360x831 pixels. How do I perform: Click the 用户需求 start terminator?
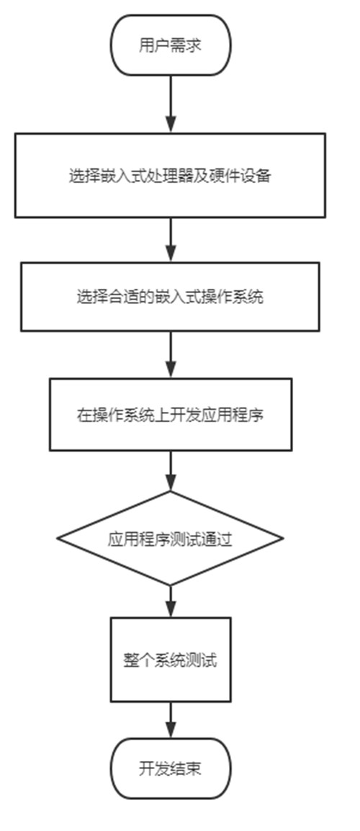point(170,45)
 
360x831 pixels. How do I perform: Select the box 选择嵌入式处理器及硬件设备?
point(170,176)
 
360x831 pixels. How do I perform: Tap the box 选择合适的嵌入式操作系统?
point(170,297)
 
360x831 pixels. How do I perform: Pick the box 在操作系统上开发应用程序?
point(170,415)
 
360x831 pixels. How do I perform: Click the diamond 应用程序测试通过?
point(170,539)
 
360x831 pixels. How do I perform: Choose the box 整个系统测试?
point(170,660)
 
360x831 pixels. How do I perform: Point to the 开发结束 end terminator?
point(170,768)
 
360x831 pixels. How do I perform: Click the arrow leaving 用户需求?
point(170,104)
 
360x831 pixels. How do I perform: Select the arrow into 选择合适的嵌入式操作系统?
point(170,240)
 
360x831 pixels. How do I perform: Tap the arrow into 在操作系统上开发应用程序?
point(170,354)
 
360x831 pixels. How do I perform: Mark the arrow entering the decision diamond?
point(170,471)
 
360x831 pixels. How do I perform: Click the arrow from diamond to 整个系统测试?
point(170,601)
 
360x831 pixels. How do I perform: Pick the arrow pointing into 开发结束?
point(170,720)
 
